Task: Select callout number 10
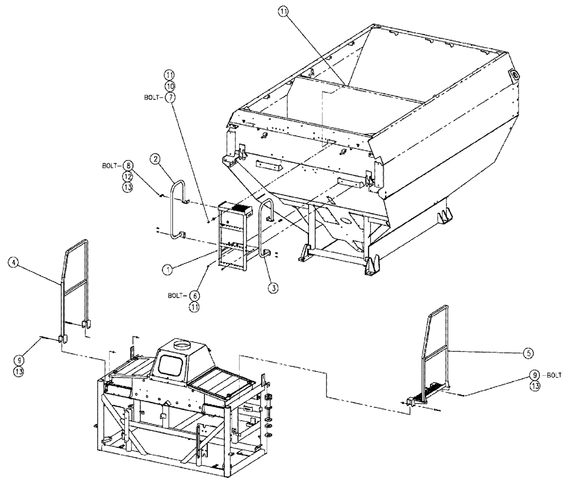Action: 169,86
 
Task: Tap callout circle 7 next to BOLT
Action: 169,97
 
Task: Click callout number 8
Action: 130,166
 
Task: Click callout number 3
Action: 273,288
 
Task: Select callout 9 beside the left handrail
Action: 19,361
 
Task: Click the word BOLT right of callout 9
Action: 552,375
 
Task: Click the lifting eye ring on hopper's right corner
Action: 516,74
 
